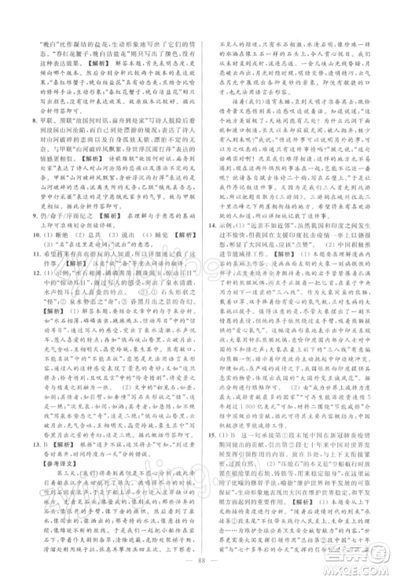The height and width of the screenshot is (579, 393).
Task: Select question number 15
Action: [x=208, y=473]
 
